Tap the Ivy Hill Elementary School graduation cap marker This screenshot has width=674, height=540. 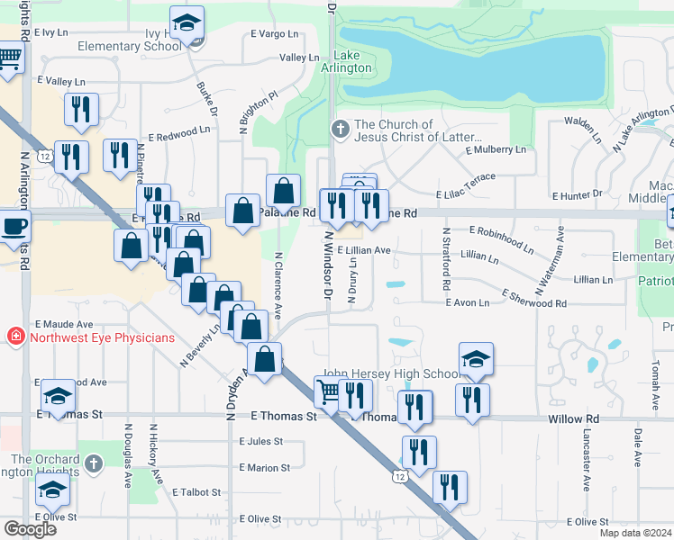coord(187,23)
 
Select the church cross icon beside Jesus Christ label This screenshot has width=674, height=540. coord(341,130)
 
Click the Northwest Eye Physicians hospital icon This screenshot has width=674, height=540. coord(14,337)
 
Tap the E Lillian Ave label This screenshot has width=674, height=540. coord(364,251)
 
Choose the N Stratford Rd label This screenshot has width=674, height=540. coord(445,258)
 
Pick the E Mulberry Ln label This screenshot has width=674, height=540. coord(496,149)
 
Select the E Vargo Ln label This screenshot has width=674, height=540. coord(276,34)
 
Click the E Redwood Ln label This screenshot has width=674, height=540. coord(179,131)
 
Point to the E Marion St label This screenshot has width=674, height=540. coord(265,468)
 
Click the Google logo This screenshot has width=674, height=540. coord(30,528)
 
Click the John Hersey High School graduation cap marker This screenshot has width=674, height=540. coord(476,359)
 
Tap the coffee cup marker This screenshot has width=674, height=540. coord(14,226)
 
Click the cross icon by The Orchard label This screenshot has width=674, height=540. coord(96,463)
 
